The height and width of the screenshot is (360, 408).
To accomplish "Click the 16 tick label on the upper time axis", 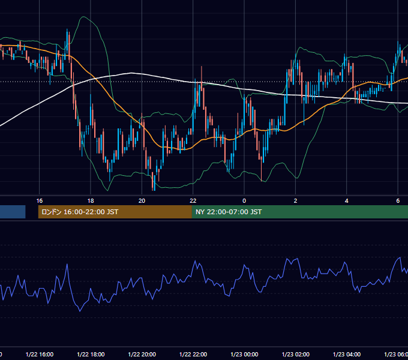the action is click(39, 201).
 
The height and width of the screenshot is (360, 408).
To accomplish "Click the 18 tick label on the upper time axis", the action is click(91, 201).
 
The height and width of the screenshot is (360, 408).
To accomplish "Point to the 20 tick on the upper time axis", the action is click(142, 201).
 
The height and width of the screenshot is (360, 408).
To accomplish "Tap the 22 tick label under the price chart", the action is click(193, 201).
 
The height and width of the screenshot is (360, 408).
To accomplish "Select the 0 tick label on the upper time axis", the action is click(244, 201).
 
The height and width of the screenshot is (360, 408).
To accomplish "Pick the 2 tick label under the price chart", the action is click(295, 201).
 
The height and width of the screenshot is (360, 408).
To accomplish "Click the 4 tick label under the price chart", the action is click(347, 201).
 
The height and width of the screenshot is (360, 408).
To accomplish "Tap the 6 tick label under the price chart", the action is click(398, 201).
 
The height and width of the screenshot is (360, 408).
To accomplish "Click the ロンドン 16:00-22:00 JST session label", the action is click(80, 212).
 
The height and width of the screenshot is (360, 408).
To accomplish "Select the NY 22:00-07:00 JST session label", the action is click(229, 212).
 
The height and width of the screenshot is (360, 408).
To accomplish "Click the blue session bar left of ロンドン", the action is click(13, 212).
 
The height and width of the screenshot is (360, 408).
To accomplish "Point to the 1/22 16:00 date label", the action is click(40, 355).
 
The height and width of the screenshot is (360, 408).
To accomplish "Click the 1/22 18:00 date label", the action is click(91, 355).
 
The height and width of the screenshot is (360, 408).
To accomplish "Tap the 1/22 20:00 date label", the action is click(142, 355).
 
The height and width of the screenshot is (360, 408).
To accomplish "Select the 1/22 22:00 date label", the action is click(193, 355).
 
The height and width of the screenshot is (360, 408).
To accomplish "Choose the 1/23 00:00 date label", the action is click(245, 355).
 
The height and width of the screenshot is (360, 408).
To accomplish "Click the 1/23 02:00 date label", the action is click(296, 355).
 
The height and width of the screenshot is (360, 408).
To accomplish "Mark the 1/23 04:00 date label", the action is click(347, 355).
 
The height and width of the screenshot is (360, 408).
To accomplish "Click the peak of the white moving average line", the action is click(131, 73).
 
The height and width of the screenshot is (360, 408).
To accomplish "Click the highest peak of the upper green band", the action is click(83, 17).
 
